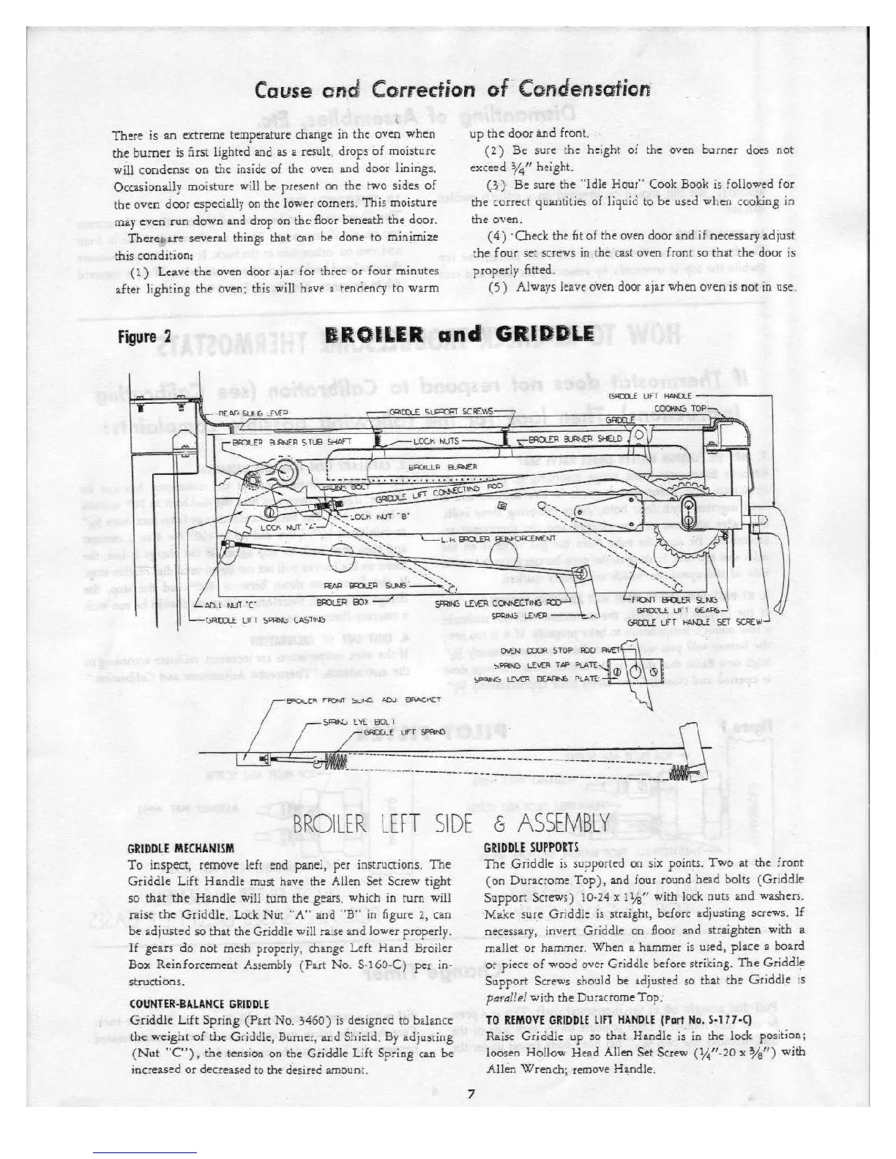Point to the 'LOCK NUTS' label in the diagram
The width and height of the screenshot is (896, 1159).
point(436,441)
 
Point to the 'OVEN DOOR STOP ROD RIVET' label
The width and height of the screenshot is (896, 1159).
point(561,650)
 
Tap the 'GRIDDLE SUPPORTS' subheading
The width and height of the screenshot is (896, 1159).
point(531,849)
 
